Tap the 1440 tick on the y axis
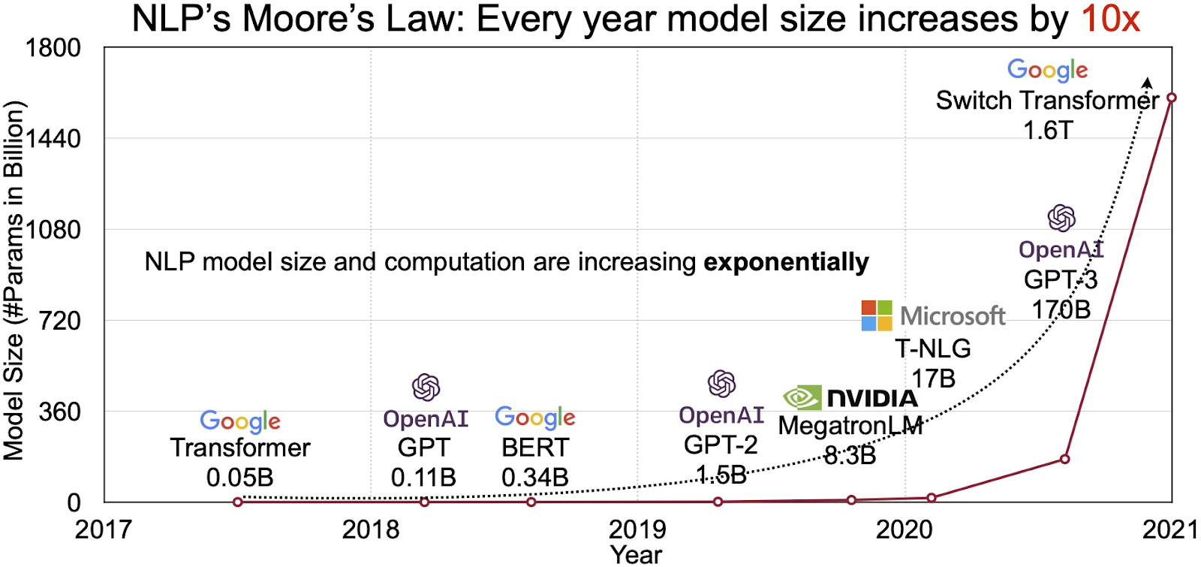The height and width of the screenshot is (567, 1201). [53, 138]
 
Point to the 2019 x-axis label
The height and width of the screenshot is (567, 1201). [637, 529]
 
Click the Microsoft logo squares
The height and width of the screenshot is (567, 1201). [877, 315]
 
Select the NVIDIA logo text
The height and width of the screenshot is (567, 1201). [872, 398]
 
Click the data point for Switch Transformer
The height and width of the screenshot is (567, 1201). [1171, 98]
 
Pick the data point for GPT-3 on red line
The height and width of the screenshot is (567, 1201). [1064, 458]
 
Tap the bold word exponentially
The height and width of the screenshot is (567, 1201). [786, 262]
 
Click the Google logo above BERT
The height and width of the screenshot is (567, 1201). [535, 418]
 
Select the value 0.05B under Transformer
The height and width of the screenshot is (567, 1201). [240, 477]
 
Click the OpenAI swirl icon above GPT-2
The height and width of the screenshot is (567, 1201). [721, 384]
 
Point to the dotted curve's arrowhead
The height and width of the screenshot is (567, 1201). [1147, 82]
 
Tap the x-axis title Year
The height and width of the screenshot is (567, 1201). [636, 554]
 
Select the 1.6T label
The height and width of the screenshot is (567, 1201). [1048, 130]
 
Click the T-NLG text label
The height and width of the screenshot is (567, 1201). [932, 348]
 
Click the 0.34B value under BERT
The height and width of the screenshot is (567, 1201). [535, 477]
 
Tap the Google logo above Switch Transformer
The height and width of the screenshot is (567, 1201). [1047, 70]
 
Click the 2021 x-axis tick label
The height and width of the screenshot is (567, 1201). [1169, 529]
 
